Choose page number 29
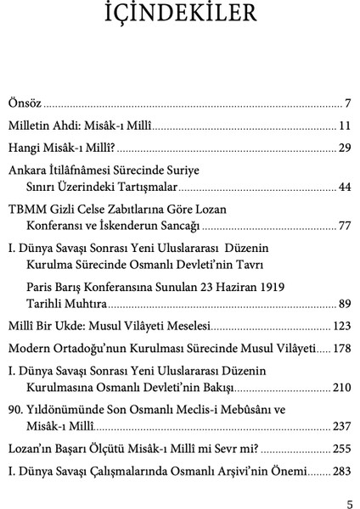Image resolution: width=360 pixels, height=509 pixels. click(x=344, y=148)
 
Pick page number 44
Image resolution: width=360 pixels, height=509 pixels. click(x=344, y=186)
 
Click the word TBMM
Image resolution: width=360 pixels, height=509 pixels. click(x=27, y=209)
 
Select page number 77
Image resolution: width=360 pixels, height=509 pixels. click(x=344, y=227)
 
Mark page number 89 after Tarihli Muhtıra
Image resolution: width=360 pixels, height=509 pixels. click(x=344, y=303)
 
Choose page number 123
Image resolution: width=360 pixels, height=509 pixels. click(x=341, y=326)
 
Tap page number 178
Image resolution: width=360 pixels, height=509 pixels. click(x=341, y=349)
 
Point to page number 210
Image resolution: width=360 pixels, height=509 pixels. click(x=341, y=387)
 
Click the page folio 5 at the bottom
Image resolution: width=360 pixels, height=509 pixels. click(x=348, y=501)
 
